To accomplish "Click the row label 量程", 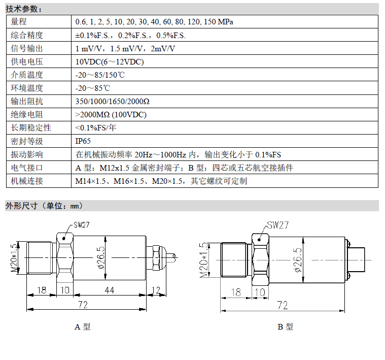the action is pyautogui.click(x=19, y=22).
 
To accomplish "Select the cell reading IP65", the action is pyautogui.click(x=83, y=141).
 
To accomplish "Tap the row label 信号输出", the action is pyautogui.click(x=27, y=48).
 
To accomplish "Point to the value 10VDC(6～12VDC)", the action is pyautogui.click(x=110, y=61).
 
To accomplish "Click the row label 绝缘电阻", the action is pyautogui.click(x=27, y=115).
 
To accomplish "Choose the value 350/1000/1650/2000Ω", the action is pyautogui.click(x=113, y=101).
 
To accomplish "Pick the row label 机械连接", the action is pyautogui.click(x=27, y=181).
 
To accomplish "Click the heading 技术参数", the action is pyautogui.click(x=24, y=9).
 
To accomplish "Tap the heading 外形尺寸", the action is pyautogui.click(x=22, y=206).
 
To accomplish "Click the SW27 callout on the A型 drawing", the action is pyautogui.click(x=82, y=224).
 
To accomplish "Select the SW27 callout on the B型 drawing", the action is pyautogui.click(x=277, y=225).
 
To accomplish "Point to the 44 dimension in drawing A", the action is pyautogui.click(x=110, y=290).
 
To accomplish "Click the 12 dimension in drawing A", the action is pyautogui.click(x=156, y=290).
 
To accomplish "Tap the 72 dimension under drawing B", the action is pyautogui.click(x=283, y=306).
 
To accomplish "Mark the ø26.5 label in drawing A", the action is pyautogui.click(x=101, y=257).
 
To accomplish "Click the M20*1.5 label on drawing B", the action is pyautogui.click(x=204, y=260).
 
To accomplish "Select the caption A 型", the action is pyautogui.click(x=83, y=326).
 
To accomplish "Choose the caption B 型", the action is pyautogui.click(x=285, y=326).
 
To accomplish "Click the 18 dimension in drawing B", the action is pyautogui.click(x=236, y=292).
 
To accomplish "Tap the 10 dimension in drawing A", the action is pyautogui.click(x=65, y=290).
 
